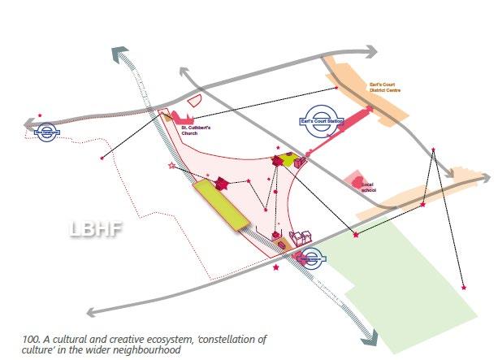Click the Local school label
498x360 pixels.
coord(368,188)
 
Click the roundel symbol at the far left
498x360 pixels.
coord(47,129)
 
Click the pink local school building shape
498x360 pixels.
coord(353,180)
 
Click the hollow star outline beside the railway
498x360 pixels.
coord(171,166)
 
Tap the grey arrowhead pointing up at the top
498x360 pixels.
coord(122,54)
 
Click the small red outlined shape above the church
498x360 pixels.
coord(194,102)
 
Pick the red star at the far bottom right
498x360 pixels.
coord(463,287)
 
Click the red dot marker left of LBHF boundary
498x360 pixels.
coord(101,156)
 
